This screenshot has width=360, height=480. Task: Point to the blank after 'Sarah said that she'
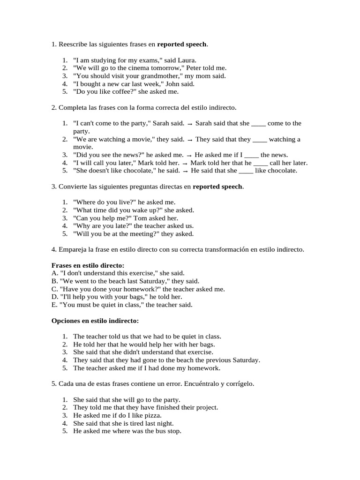pyautogui.click(x=258, y=124)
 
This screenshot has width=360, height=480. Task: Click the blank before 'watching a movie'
pyautogui.click(x=260, y=140)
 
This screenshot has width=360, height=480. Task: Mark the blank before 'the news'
pyautogui.click(x=251, y=155)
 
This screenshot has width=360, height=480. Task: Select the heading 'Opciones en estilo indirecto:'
pyautogui.click(x=95, y=321)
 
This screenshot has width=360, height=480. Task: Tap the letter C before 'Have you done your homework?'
pyautogui.click(x=54, y=289)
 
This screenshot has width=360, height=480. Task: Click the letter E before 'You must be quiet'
pyautogui.click(x=53, y=305)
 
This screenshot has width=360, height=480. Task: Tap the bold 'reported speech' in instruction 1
pyautogui.click(x=182, y=45)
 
